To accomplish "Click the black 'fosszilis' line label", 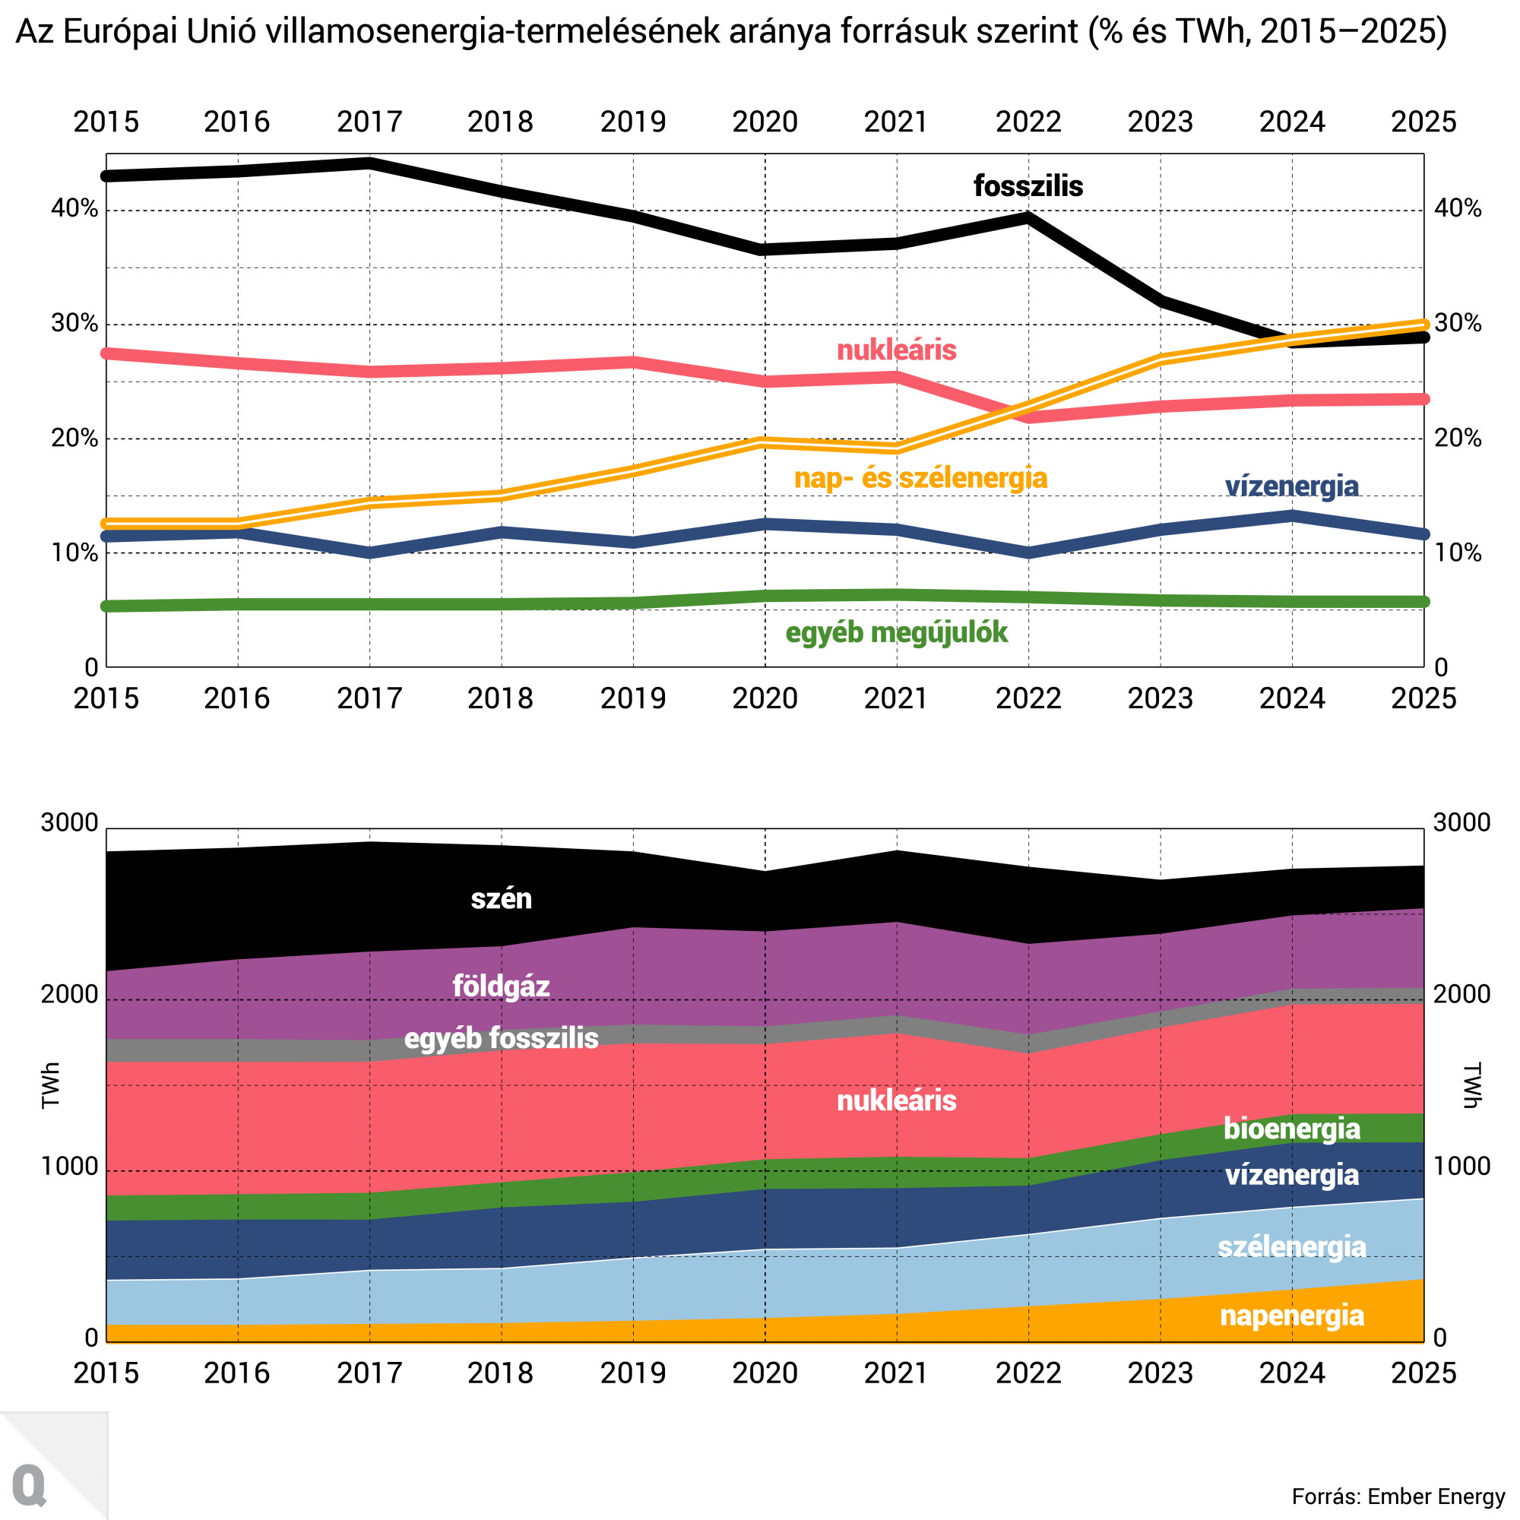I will [x=1028, y=186].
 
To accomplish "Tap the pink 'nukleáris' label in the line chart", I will [x=896, y=350].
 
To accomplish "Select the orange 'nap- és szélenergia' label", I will [x=920, y=478].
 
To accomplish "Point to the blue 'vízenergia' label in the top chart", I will [x=1291, y=486].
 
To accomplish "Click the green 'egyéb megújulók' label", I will [x=896, y=632].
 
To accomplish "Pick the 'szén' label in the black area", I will [x=501, y=898].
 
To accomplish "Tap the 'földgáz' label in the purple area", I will [x=500, y=986].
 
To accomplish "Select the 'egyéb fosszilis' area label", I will [x=501, y=1038].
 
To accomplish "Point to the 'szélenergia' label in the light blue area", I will [x=1291, y=1247].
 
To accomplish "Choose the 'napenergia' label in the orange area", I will [x=1291, y=1316].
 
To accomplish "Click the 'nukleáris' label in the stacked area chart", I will [x=896, y=1100].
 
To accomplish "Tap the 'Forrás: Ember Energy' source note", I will [x=1398, y=1496].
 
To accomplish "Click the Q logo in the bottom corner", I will [x=30, y=1484].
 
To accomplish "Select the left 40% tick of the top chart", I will [x=74, y=209].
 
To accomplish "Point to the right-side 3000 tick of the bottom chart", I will [x=1461, y=823].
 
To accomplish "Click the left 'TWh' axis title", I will [x=51, y=1086].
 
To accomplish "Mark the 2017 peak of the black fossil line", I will [x=370, y=163].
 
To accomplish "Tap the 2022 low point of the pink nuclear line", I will [x=1028, y=416].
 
